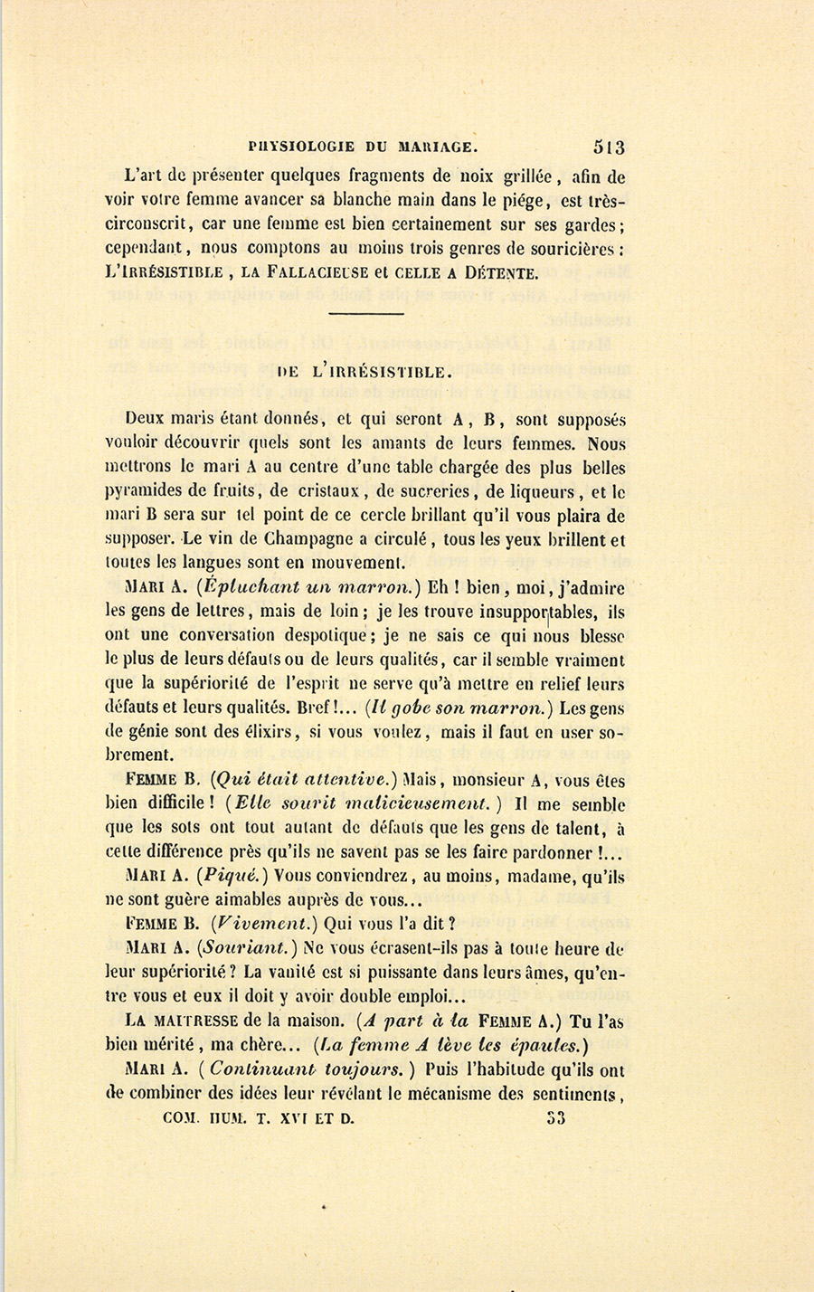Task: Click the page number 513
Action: [609, 147]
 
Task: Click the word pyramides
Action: [145, 494]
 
